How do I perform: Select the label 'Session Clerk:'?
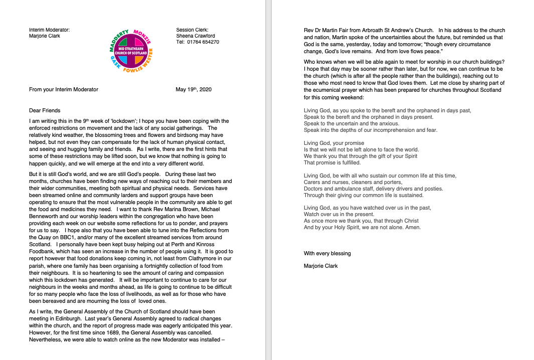pyautogui.click(x=192, y=30)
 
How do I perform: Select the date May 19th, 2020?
pyautogui.click(x=194, y=89)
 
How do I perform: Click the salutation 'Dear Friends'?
pyautogui.click(x=45, y=110)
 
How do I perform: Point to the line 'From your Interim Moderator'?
pyautogui.click(x=64, y=89)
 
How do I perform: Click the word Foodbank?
pyautogui.click(x=42, y=251)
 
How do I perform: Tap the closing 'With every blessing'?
pyautogui.click(x=327, y=253)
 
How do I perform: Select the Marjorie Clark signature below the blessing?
pyautogui.click(x=321, y=266)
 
